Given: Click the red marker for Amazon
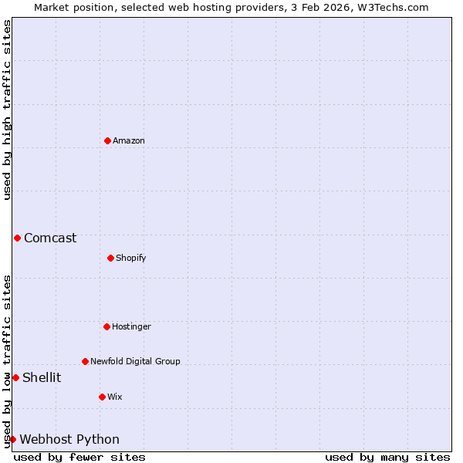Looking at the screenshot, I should point(107,140).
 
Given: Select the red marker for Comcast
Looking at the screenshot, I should point(17,238).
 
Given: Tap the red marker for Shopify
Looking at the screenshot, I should point(110,258).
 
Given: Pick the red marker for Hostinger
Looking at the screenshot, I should point(106,326).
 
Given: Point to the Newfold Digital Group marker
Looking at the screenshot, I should point(85,361).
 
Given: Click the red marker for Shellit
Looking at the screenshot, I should point(15,377).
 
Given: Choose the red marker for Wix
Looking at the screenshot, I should point(102,397).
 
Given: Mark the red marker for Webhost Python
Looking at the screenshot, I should point(12,439).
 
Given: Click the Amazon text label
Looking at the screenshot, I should point(129,140).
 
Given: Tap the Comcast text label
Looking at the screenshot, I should point(50,238).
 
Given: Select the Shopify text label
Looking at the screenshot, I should point(131,258).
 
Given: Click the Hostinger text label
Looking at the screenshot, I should point(131,326).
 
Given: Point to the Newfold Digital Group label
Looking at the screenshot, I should point(135,361).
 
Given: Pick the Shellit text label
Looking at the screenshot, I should point(42,377).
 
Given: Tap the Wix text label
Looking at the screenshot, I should point(114,397).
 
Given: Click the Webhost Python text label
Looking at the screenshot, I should point(69,439).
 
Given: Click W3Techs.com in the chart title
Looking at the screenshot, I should point(395,7).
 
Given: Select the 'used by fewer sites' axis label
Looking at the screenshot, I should point(79,457).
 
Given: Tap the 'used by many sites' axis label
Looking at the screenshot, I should point(387,457).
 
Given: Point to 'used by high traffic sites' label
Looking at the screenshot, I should point(7,110).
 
